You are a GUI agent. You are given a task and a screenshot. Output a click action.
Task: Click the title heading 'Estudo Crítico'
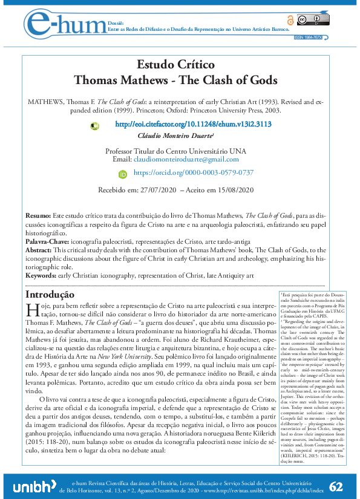click(175, 64)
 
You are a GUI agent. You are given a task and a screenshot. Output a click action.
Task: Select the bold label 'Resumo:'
click(38, 216)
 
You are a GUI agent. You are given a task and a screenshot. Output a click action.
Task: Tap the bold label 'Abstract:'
click(39, 249)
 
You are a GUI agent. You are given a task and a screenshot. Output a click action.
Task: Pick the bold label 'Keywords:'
click(41, 275)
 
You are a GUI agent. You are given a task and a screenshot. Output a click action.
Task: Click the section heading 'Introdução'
click(49, 294)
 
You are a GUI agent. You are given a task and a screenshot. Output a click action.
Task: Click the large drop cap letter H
click(33, 311)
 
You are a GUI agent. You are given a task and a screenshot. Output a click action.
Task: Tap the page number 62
click(337, 469)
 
